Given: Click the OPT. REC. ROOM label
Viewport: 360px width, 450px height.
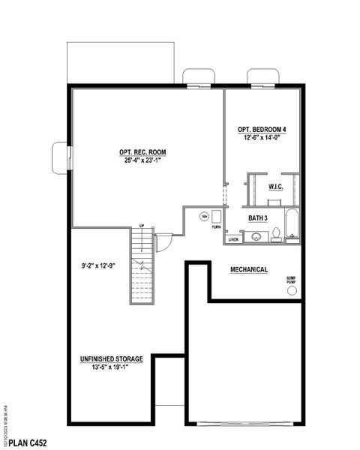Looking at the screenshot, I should tap(142, 152).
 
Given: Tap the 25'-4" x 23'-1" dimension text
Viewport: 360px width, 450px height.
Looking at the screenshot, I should tap(142, 160).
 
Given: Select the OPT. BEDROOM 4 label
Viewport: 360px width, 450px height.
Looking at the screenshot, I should tap(262, 129).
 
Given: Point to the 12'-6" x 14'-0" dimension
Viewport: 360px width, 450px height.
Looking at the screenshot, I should tap(262, 137).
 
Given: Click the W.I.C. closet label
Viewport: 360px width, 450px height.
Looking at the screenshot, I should tap(275, 186).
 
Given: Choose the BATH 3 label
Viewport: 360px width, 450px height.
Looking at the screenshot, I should tap(260, 218).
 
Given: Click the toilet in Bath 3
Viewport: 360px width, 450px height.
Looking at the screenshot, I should tap(276, 235).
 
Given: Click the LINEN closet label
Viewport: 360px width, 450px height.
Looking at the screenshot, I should tap(233, 240).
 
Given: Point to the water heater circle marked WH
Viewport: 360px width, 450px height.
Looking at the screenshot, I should tap(203, 217).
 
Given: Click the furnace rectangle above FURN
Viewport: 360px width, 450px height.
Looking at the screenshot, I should tap(217, 217).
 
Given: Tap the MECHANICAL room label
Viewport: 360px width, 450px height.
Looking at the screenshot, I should tap(249, 269).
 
